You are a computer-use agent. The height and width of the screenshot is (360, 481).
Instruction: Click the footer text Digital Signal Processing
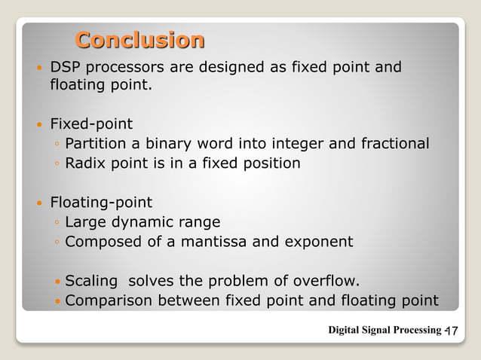pos(384,330)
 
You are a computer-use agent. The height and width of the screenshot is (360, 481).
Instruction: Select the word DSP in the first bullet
pos(64,69)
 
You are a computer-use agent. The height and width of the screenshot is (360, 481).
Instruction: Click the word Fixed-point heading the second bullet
pos(91,124)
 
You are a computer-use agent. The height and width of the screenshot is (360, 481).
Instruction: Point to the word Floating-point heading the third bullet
pos(101,202)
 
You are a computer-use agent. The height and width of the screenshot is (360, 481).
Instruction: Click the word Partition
pos(93,143)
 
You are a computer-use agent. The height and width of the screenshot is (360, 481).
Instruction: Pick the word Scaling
pos(91,282)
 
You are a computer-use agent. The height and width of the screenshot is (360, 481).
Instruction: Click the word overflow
pos(325,282)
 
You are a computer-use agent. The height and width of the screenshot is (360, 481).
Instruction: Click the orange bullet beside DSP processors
pos(40,69)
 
